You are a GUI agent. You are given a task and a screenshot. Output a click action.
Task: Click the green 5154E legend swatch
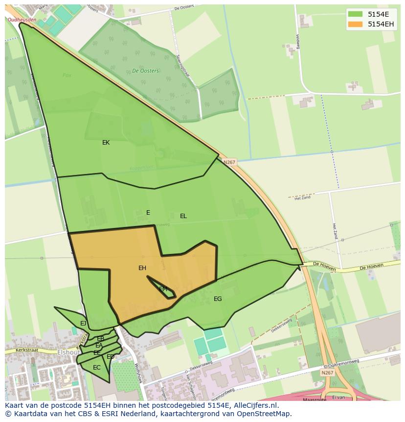point(355,14)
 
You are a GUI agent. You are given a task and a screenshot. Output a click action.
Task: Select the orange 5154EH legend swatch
point(355,24)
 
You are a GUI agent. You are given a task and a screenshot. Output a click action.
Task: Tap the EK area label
point(106,143)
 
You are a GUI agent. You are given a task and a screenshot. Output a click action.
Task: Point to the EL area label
point(183,216)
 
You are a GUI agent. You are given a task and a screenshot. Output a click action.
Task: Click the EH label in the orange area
point(142,268)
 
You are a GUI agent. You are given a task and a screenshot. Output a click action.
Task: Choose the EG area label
point(218,299)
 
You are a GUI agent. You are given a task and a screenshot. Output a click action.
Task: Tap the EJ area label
point(83,323)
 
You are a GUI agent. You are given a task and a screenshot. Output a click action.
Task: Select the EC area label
point(96,368)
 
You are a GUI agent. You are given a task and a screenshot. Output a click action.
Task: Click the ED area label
point(111,357)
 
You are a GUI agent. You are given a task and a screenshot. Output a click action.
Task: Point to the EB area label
point(100,339)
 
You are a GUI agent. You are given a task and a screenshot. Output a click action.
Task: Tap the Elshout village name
point(69,352)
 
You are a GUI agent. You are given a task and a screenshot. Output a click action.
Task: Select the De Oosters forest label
point(145,71)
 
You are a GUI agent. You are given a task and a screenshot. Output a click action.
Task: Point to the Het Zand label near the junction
point(302,198)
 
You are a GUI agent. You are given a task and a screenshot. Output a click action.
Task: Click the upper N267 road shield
point(229,162)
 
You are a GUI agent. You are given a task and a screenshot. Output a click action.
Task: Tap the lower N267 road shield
point(327,373)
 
